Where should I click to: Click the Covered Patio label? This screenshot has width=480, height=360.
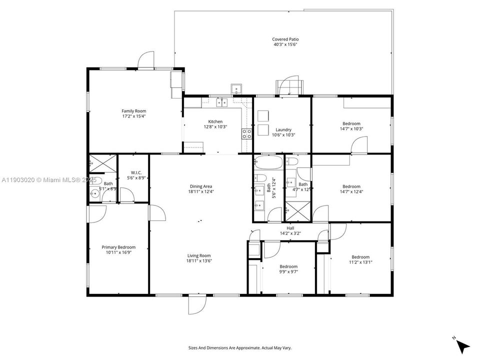click(285, 39)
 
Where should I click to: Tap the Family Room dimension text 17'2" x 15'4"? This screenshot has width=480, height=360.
click(133, 116)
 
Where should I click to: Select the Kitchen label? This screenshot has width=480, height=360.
click(215, 121)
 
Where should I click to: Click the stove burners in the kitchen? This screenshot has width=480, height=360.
click(246, 133)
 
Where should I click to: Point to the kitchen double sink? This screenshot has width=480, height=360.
click(221, 102)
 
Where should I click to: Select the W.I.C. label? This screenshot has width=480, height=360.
click(133, 172)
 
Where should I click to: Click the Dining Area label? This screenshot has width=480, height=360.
click(201, 186)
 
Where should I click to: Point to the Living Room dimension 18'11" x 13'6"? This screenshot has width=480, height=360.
click(199, 260)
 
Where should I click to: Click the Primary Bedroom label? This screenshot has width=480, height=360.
click(118, 247)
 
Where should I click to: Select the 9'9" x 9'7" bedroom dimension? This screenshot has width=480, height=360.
click(288, 271)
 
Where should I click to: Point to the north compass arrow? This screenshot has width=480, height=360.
click(463, 344)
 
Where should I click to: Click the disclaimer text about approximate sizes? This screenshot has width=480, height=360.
click(239, 347)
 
